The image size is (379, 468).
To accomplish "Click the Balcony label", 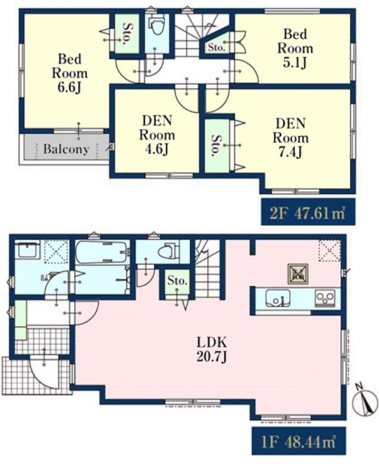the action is pyautogui.click(x=66, y=149).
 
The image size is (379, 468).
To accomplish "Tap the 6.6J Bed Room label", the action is pyautogui.click(x=70, y=73).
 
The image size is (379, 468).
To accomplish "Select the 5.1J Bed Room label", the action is pyautogui.click(x=295, y=48).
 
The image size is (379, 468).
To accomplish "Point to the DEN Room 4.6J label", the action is pyautogui.click(x=157, y=136).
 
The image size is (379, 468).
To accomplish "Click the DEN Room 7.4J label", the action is pyautogui.click(x=290, y=138).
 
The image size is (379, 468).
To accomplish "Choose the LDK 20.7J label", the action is pyautogui.click(x=211, y=349).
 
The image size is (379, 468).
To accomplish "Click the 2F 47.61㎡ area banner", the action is pyautogui.click(x=308, y=212).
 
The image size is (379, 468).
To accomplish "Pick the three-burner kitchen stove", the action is pyautogui.click(x=325, y=298).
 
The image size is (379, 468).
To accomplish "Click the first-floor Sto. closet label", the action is pyautogui.click(x=177, y=281).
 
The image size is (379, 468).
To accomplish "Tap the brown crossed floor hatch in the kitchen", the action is pyautogui.click(x=298, y=274).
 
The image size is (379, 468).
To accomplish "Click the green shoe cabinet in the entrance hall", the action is pyautogui.click(x=20, y=320).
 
